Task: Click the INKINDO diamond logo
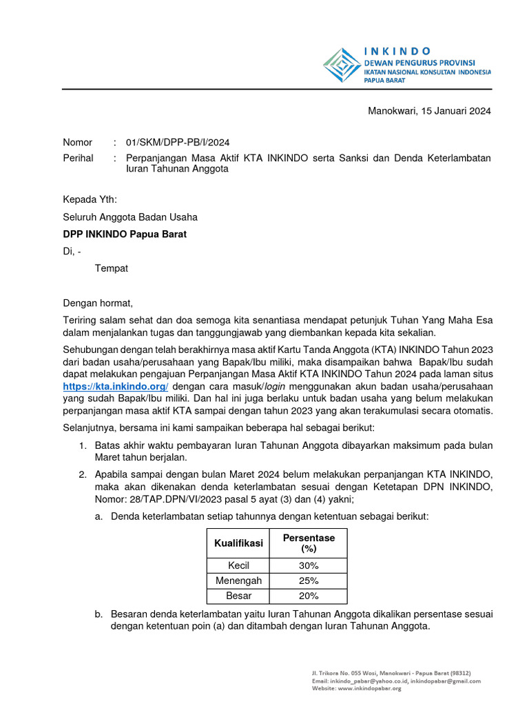tap(342, 65)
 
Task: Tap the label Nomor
tap(78, 143)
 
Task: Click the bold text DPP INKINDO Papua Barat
tap(125, 234)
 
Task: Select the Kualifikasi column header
tap(238, 543)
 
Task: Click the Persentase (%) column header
tap(309, 543)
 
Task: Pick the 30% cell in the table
tap(309, 566)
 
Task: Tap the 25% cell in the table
tap(309, 581)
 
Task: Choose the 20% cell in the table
tap(309, 596)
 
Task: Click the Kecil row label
tap(238, 566)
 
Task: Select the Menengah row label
tap(238, 581)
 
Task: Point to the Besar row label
tap(238, 596)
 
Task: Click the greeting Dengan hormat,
tap(98, 303)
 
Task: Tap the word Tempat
tap(112, 268)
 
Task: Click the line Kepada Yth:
tap(90, 200)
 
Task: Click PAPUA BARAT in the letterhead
tap(384, 81)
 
